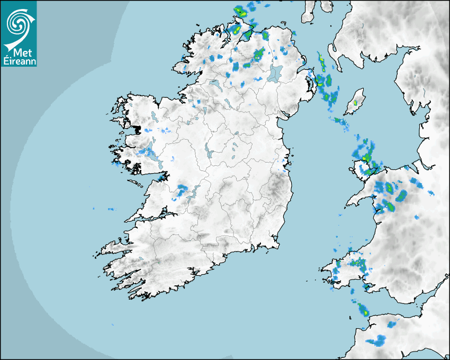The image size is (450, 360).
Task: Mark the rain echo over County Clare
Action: [x=183, y=189]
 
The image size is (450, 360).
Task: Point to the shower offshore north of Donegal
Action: [x=241, y=11]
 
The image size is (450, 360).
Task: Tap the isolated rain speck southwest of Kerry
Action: [x=113, y=325]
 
